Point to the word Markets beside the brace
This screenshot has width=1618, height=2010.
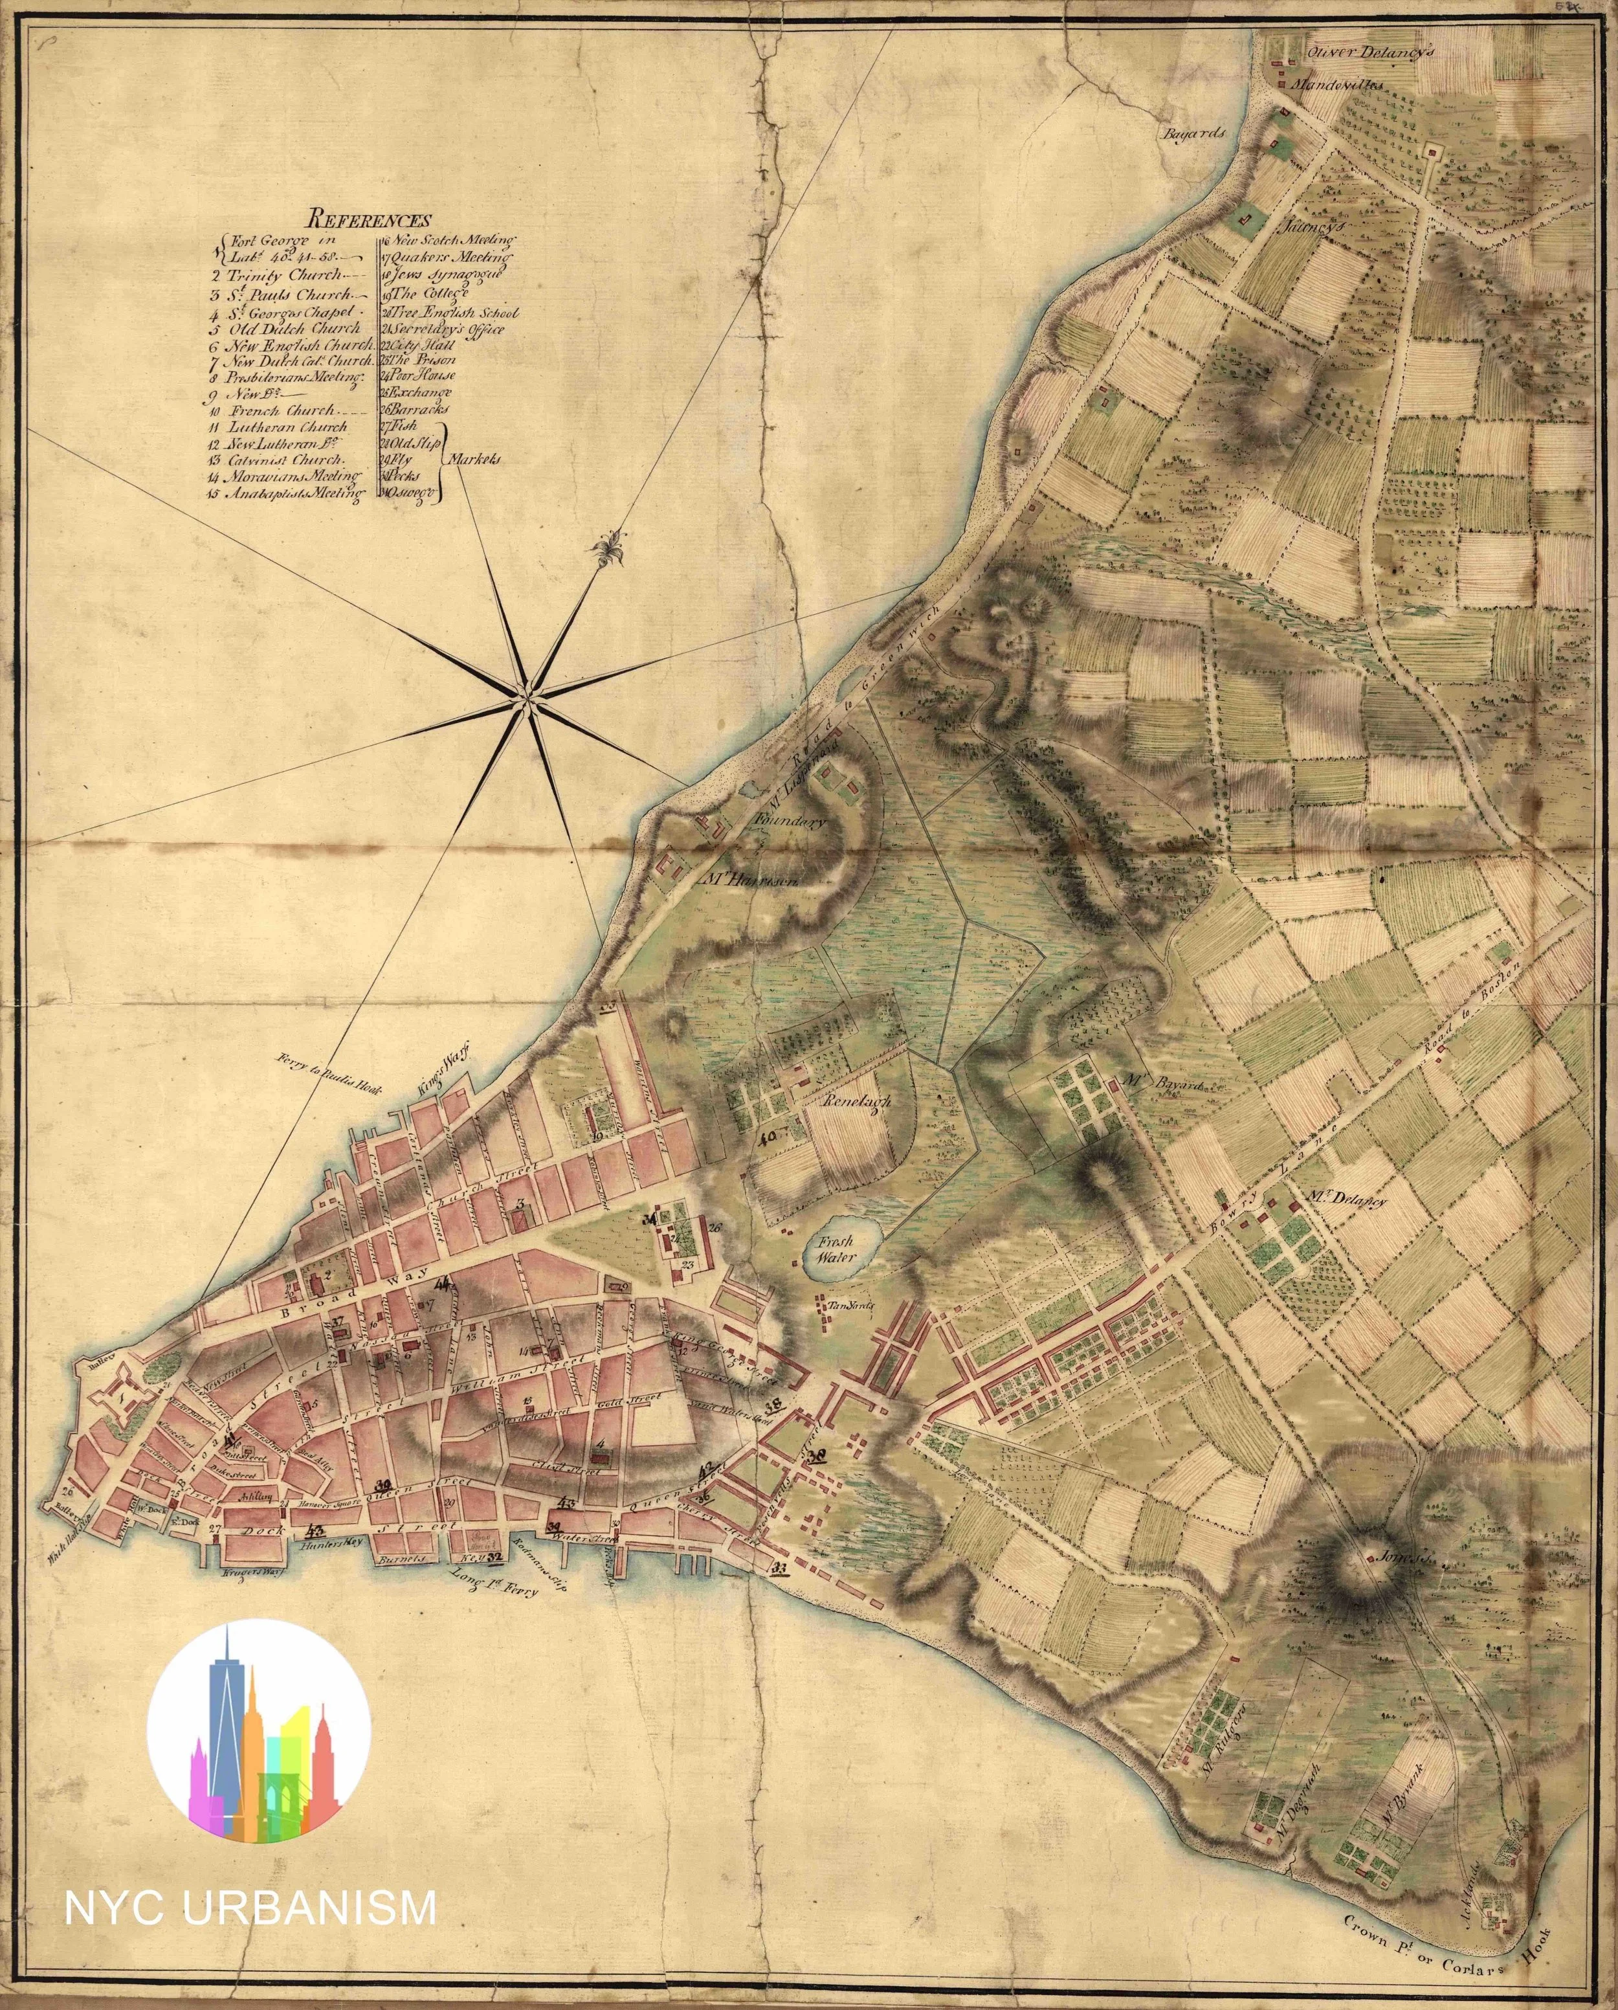[475, 460]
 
